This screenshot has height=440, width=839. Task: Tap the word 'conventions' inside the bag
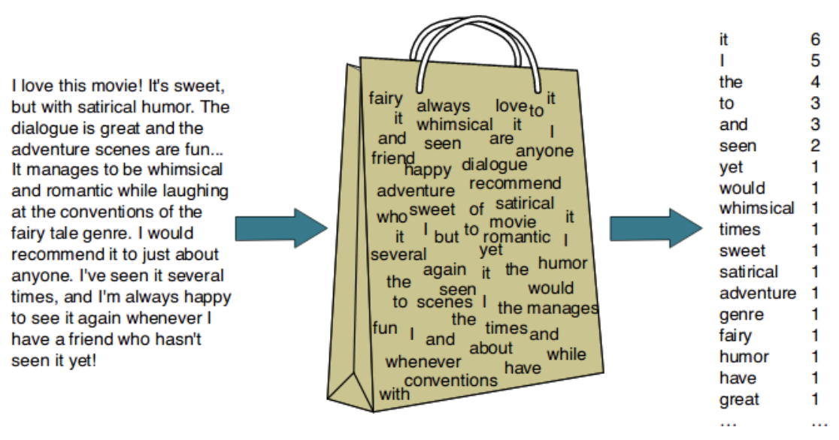[x=451, y=381]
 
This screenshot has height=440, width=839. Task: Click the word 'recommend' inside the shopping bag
[x=515, y=183]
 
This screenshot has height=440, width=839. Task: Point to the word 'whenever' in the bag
[x=423, y=362]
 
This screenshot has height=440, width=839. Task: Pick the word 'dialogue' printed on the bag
[x=494, y=164]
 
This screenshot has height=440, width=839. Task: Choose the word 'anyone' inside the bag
[x=544, y=151]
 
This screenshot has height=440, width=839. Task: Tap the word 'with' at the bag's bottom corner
[x=394, y=393]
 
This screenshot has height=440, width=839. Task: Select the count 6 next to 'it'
[x=816, y=40]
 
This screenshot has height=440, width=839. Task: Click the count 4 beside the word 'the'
[x=816, y=82]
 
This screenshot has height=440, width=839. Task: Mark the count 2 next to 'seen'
[x=816, y=146]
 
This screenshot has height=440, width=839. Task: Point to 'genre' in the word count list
[x=741, y=315]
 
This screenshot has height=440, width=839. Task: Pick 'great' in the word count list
[x=739, y=399]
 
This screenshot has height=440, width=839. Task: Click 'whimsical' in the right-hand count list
[x=756, y=208]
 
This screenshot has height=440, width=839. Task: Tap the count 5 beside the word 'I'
[x=816, y=61]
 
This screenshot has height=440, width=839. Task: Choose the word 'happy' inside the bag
[x=429, y=170]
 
